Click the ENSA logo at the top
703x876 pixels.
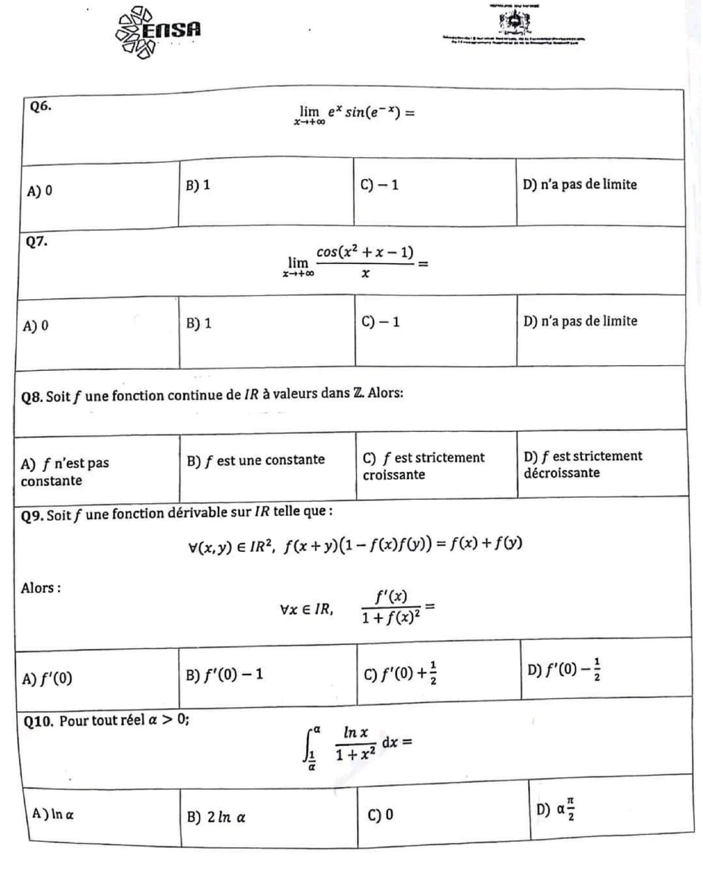coord(159,32)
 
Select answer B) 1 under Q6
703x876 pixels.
coord(198,185)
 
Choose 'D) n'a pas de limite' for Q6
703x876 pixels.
coord(579,185)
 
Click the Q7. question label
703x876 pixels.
coord(37,242)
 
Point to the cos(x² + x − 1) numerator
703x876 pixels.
coord(365,252)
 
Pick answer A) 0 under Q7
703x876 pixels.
coord(35,325)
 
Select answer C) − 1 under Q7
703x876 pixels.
coord(380,322)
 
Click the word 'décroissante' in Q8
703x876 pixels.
coord(561,473)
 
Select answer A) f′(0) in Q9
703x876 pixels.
coord(47,678)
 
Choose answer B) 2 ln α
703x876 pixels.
coord(216,817)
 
